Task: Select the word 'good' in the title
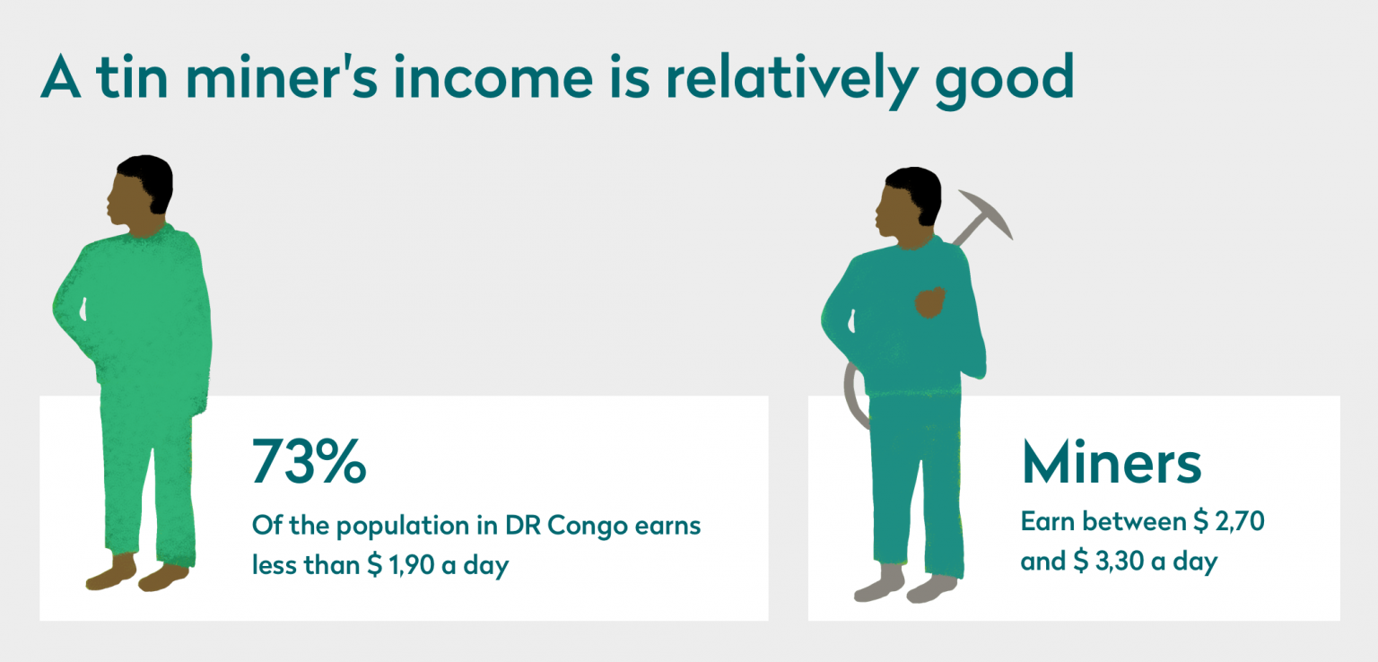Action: [1004, 79]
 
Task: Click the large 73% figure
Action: [309, 462]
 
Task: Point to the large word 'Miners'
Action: [1111, 462]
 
